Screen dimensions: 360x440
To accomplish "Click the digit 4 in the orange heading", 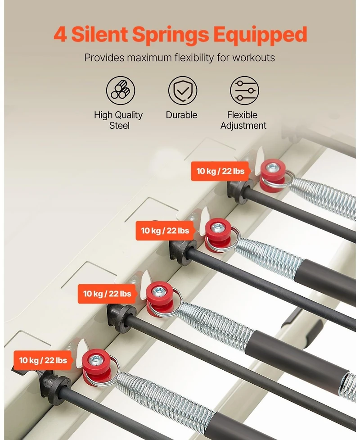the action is point(60,35).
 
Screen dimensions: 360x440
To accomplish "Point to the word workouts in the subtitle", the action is point(253,58).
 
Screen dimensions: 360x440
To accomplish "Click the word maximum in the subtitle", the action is point(149,58).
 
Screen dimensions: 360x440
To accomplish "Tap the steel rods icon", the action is point(121,91).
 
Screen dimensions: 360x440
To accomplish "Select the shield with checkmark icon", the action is point(183,91).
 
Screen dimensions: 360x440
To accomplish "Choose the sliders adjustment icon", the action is point(244,91).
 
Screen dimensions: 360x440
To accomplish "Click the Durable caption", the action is point(181,115).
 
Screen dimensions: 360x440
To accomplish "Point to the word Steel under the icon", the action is point(119,126).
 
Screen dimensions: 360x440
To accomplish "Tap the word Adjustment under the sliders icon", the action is point(243,126).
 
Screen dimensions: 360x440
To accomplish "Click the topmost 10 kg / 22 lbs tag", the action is point(220,171).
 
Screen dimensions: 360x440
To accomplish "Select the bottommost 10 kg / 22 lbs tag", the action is point(43,360).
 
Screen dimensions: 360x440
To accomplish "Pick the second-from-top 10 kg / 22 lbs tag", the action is point(165,231).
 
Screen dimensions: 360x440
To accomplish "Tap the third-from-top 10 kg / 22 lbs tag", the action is point(107,294).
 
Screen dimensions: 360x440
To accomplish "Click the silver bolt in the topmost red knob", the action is point(272,168).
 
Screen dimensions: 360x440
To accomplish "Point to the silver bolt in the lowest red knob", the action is point(95,359).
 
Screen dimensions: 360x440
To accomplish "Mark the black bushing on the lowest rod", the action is point(55,387).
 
